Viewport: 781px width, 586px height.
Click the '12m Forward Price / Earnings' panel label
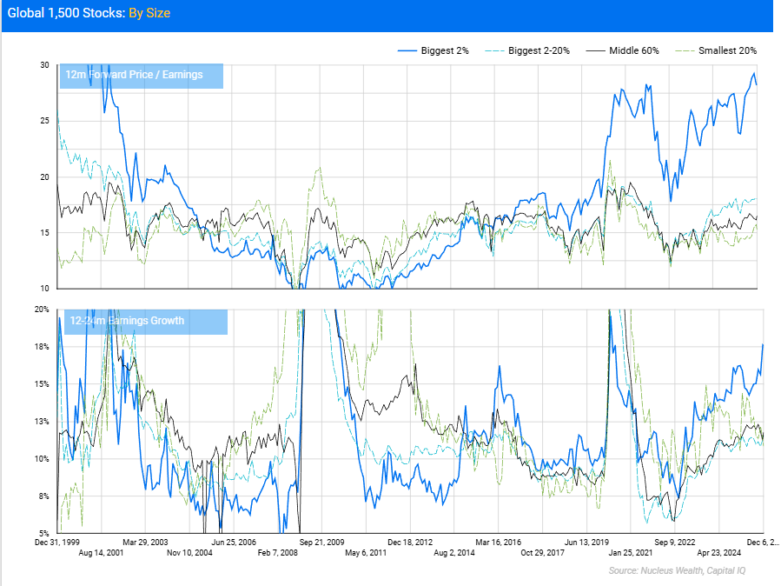pos(134,75)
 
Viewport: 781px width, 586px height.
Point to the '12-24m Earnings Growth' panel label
pos(127,321)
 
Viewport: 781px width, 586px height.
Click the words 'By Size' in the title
pos(149,14)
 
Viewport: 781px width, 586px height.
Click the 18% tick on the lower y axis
pos(42,347)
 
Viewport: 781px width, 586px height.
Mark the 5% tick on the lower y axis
pos(43,533)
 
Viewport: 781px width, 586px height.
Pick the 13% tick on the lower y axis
pos(42,422)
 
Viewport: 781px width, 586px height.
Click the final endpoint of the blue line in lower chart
pos(763,344)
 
